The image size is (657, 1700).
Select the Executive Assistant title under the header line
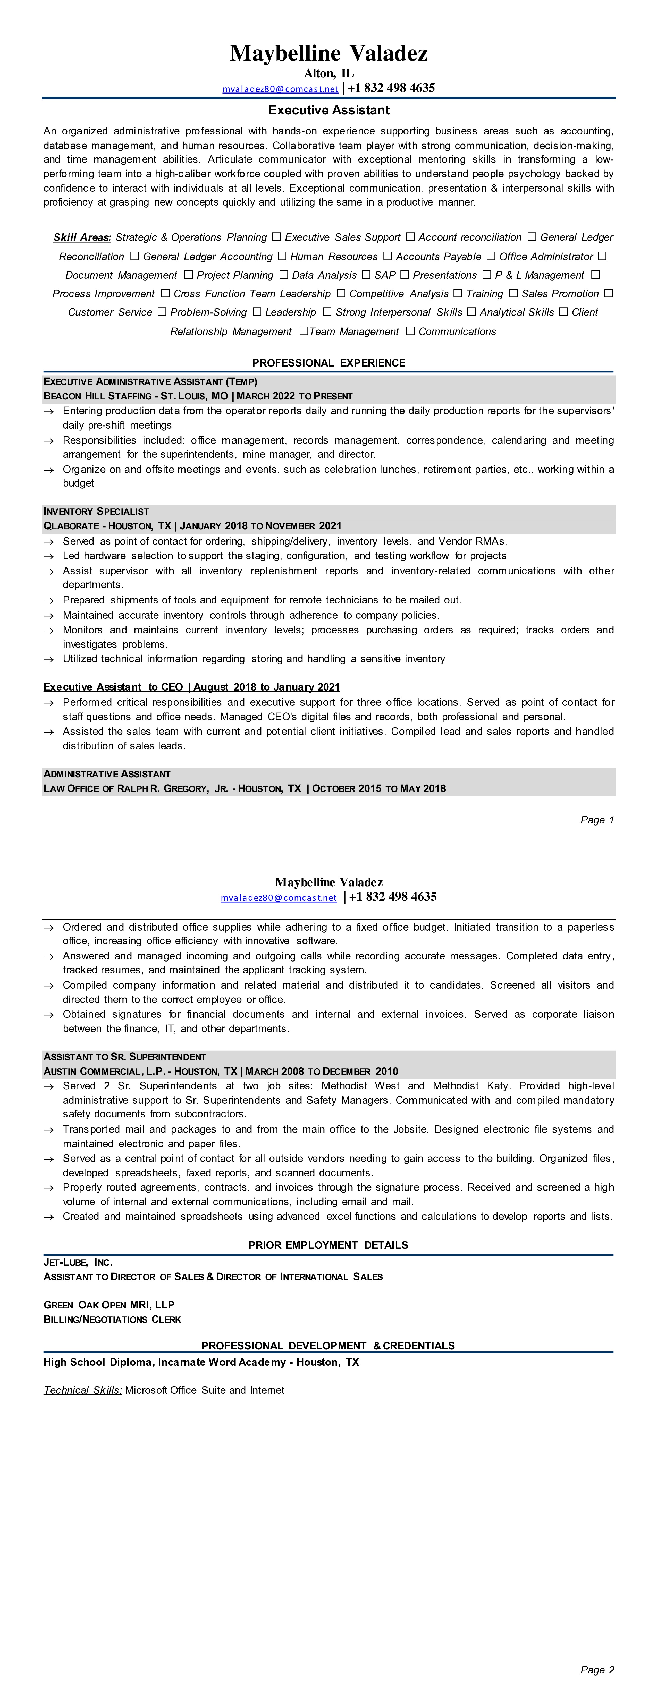(329, 110)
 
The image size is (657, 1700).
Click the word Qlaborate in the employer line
(71, 526)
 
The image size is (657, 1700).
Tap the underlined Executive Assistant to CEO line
(191, 687)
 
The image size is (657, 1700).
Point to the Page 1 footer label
(597, 820)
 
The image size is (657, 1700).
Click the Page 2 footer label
(597, 1670)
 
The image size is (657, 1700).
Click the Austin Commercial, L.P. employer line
(221, 1071)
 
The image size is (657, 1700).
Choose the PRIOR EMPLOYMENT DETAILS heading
(328, 1245)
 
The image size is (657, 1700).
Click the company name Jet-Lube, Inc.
(77, 1262)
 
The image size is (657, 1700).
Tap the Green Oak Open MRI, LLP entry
(109, 1305)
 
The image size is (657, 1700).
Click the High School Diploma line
(201, 1362)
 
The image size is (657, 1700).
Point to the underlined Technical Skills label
(82, 1390)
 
